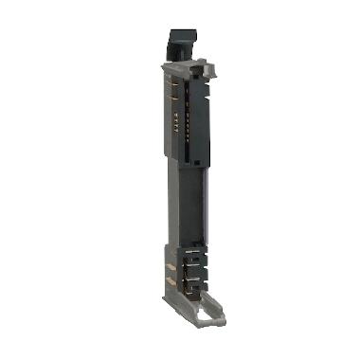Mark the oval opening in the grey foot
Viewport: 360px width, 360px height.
205,305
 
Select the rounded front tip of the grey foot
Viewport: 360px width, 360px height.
219,316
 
